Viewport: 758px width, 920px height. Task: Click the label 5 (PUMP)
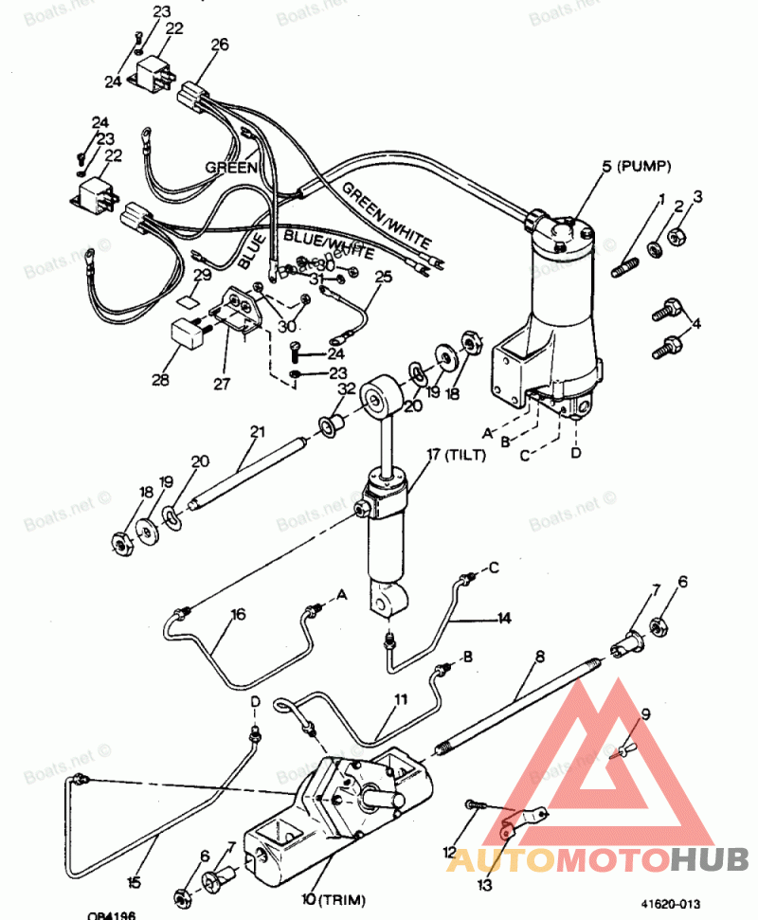pos(636,167)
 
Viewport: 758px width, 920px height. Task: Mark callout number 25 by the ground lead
pos(383,277)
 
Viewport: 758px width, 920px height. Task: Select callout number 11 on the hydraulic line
pos(402,700)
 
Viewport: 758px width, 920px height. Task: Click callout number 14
pos(503,618)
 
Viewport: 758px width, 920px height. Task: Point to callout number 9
pos(646,715)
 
